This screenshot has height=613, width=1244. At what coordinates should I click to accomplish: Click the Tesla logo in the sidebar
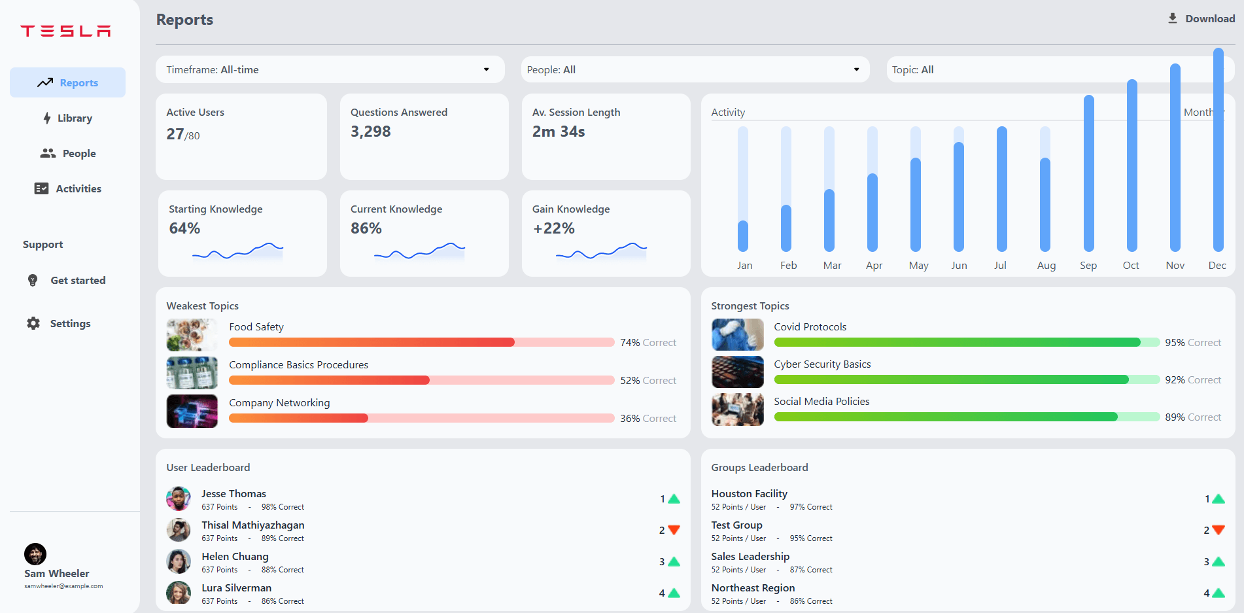pos(65,31)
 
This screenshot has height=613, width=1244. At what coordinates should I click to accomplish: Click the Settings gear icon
pos(33,323)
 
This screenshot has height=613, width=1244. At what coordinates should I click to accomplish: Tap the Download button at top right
pos(1201,18)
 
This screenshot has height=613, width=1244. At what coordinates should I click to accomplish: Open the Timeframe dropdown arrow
pos(486,69)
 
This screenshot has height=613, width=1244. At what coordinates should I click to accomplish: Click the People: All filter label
pos(551,70)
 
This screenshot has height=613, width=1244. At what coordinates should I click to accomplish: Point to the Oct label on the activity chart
pos(1131,265)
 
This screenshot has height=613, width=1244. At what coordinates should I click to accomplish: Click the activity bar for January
pos(743,236)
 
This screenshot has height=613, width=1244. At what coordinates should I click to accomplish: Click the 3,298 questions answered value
pos(370,131)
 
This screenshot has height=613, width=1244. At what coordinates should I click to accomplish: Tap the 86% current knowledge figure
pos(366,228)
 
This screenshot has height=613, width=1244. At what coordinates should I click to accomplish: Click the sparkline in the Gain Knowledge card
pos(601,251)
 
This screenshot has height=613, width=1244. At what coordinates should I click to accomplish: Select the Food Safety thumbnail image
pos(192,335)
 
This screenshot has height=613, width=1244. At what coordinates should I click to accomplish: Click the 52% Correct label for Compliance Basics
pos(648,380)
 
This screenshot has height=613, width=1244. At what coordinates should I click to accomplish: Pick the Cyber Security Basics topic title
pos(822,364)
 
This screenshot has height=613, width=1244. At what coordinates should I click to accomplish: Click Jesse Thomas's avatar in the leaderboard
pos(178,499)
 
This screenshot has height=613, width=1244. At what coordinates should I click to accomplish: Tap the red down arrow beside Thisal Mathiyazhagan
pos(674,530)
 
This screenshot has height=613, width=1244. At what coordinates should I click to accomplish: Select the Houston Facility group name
pos(749,494)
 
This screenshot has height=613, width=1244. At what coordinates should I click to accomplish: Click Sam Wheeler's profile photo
pos(35,554)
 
